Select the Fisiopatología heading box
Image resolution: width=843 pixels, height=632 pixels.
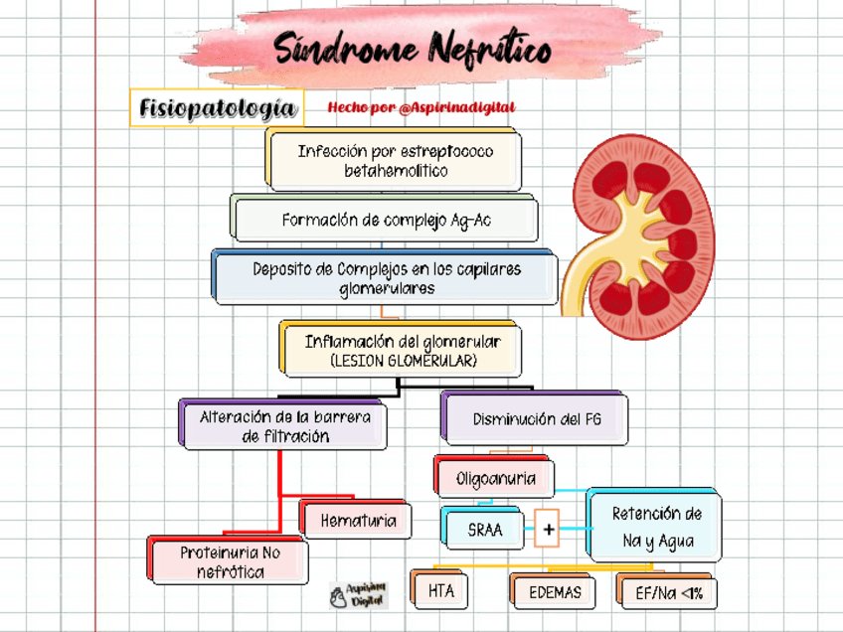(x=217, y=107)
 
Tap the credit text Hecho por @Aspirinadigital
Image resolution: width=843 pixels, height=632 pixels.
(x=421, y=107)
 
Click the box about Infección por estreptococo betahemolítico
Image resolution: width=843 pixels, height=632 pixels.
(x=395, y=161)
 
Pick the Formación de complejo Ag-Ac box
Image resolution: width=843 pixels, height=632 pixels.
(x=386, y=220)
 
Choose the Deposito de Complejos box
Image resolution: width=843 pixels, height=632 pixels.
(x=386, y=278)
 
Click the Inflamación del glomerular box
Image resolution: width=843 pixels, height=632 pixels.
(x=402, y=350)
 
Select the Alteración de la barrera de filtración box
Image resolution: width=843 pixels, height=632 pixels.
(x=284, y=426)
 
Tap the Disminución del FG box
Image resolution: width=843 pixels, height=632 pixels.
(x=536, y=419)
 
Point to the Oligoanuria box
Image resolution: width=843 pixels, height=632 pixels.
(x=495, y=478)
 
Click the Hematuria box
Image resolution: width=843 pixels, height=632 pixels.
(x=358, y=520)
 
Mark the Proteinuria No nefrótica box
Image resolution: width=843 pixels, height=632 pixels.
(x=230, y=561)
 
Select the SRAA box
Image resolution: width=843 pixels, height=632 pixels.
(x=485, y=530)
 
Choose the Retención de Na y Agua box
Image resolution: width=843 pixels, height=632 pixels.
(x=656, y=527)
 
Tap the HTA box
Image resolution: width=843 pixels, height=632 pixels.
(x=440, y=591)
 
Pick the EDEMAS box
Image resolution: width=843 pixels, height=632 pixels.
(x=555, y=593)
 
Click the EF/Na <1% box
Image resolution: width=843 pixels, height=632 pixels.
(x=668, y=593)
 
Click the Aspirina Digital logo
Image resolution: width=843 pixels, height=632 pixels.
(x=359, y=595)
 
